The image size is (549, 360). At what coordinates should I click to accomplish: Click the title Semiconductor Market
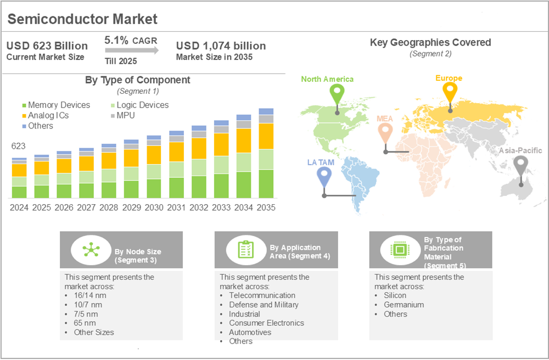pyautogui.click(x=83, y=19)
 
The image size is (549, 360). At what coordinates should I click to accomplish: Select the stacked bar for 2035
pyautogui.click(x=266, y=154)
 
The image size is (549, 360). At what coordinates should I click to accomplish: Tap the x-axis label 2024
pyautogui.click(x=19, y=208)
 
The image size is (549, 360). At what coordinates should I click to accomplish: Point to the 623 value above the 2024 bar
pyautogui.click(x=19, y=147)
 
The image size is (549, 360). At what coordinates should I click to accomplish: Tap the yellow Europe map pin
pyautogui.click(x=450, y=92)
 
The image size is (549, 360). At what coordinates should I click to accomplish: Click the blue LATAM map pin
pyautogui.click(x=324, y=176)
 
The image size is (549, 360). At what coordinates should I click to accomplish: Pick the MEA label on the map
pyautogui.click(x=385, y=119)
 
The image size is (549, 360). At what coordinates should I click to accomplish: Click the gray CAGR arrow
pyautogui.click(x=132, y=50)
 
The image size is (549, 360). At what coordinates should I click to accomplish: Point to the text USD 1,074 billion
pyautogui.click(x=221, y=46)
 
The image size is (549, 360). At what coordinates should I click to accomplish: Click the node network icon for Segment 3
pyautogui.click(x=89, y=250)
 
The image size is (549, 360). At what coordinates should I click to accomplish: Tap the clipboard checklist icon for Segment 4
pyautogui.click(x=244, y=250)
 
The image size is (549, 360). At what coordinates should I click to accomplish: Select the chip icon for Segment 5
pyautogui.click(x=399, y=250)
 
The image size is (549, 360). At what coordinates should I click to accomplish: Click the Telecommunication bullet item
pyautogui.click(x=262, y=295)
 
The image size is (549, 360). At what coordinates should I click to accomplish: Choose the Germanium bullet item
pyautogui.click(x=404, y=305)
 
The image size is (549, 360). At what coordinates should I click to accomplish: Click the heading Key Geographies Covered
pyautogui.click(x=430, y=42)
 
